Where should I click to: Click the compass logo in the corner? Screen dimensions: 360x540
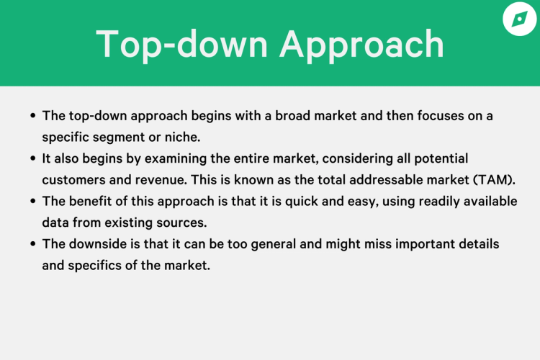point(520,19)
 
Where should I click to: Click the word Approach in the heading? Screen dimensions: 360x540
point(362,44)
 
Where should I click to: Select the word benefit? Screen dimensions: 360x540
point(91,201)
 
